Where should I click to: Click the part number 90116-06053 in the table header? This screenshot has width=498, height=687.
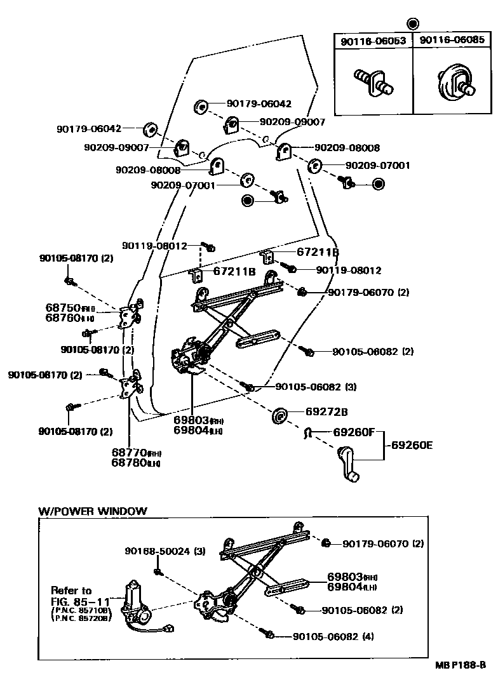tap(373, 41)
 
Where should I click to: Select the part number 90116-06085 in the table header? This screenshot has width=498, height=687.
tap(452, 41)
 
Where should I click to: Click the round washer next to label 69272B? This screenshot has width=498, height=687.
tap(279, 416)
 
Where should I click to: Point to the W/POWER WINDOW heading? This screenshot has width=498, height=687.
tap(92, 510)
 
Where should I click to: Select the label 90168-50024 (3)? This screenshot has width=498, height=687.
tap(164, 550)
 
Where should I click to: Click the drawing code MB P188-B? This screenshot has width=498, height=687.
tap(460, 665)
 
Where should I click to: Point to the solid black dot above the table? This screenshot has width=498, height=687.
tap(413, 24)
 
